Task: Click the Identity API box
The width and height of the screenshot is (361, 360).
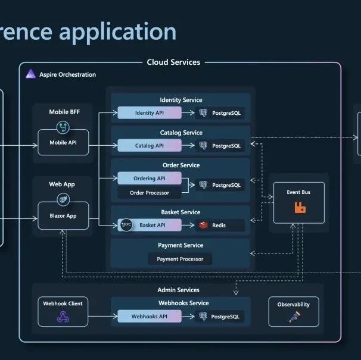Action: click(x=149, y=112)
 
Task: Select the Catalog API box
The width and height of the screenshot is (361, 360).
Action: click(x=149, y=145)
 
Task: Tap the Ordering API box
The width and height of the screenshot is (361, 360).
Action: click(x=149, y=178)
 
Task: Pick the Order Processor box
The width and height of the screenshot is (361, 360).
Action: click(x=150, y=193)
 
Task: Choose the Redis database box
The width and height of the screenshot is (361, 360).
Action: click(x=220, y=225)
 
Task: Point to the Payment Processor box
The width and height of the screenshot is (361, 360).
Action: click(x=180, y=259)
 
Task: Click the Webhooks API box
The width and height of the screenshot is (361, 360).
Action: click(x=149, y=317)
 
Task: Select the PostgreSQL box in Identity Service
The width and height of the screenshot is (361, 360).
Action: click(x=220, y=112)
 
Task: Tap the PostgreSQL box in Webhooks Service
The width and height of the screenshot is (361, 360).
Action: click(x=220, y=317)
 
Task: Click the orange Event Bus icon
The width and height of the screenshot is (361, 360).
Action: click(x=300, y=208)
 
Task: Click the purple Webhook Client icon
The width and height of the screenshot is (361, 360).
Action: click(x=63, y=317)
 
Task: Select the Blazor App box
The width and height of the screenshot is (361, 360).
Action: click(x=63, y=216)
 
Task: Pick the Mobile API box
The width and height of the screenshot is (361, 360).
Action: click(x=63, y=143)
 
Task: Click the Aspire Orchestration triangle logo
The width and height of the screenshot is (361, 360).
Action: click(x=30, y=74)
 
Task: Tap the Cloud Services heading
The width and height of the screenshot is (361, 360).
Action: click(x=173, y=62)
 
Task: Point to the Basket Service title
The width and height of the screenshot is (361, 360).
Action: click(x=181, y=212)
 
